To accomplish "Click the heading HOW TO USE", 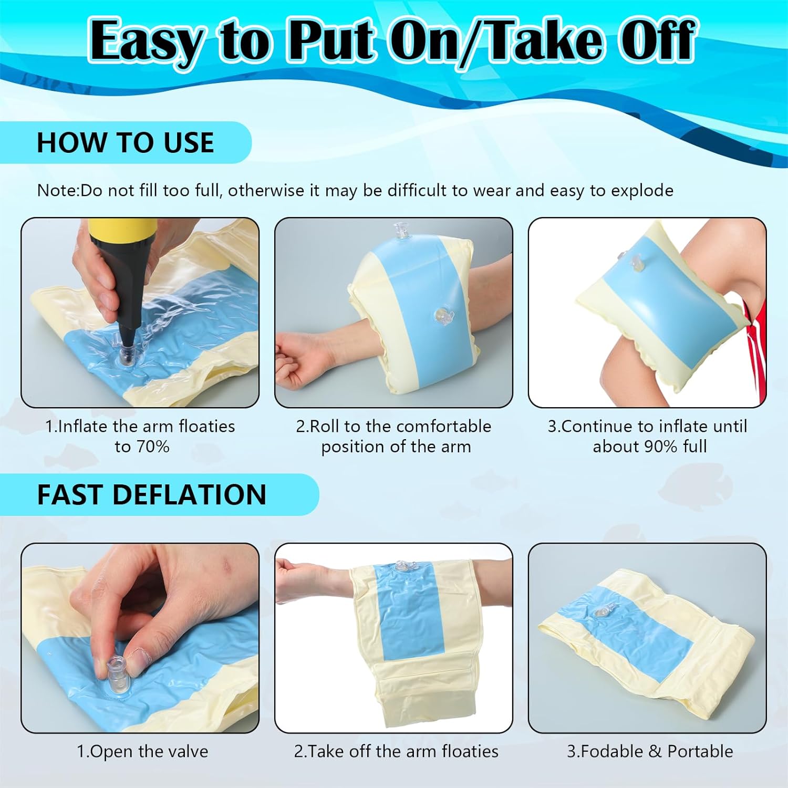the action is (125, 142).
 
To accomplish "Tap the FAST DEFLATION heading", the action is (151, 494).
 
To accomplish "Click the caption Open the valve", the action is (142, 751).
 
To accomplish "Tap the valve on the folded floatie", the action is (600, 612).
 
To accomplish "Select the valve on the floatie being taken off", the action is (402, 566).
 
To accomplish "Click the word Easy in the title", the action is (146, 41).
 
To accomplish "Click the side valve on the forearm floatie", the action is (444, 315).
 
